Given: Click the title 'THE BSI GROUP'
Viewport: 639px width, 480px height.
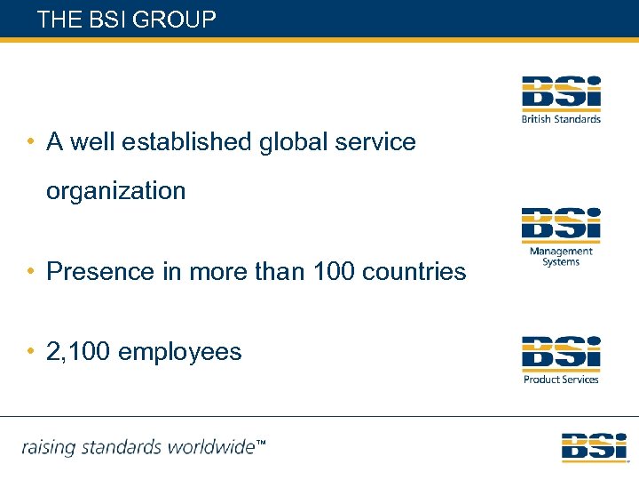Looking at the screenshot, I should (127, 20).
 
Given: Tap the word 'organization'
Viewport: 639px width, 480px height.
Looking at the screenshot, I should (116, 191).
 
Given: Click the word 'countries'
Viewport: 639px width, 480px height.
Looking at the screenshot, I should (416, 271).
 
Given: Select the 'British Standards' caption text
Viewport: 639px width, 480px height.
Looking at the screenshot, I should (561, 119).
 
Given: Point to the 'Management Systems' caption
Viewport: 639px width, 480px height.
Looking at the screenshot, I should (561, 256).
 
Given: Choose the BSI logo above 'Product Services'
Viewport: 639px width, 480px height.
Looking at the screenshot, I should (561, 353).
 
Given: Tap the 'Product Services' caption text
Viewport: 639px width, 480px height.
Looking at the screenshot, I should (561, 380).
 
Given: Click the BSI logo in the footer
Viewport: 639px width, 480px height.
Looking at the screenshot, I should (594, 446).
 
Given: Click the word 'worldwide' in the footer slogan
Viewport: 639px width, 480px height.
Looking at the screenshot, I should (213, 446).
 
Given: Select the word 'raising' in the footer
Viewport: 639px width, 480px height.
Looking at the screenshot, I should (49, 447).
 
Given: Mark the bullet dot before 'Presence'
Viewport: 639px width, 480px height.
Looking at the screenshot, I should (30, 271).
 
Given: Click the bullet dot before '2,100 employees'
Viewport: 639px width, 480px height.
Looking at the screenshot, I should (30, 352).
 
